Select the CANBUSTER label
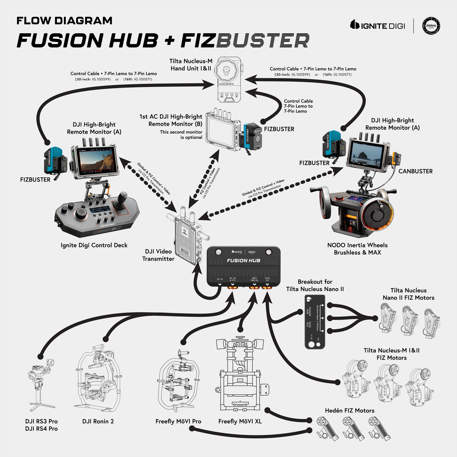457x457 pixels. click(x=415, y=171)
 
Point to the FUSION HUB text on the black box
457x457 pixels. click(x=244, y=261)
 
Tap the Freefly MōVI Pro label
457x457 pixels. click(x=178, y=421)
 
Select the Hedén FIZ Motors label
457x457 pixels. click(x=349, y=411)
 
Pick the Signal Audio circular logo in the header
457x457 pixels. click(x=431, y=26)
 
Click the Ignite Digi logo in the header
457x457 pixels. click(x=378, y=25)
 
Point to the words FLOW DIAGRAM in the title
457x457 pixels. click(x=65, y=21)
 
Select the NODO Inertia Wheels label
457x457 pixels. click(x=357, y=249)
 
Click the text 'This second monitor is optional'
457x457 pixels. click(x=181, y=135)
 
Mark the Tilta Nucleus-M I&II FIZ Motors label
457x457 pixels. click(x=392, y=354)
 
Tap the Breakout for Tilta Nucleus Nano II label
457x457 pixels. click(x=315, y=285)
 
